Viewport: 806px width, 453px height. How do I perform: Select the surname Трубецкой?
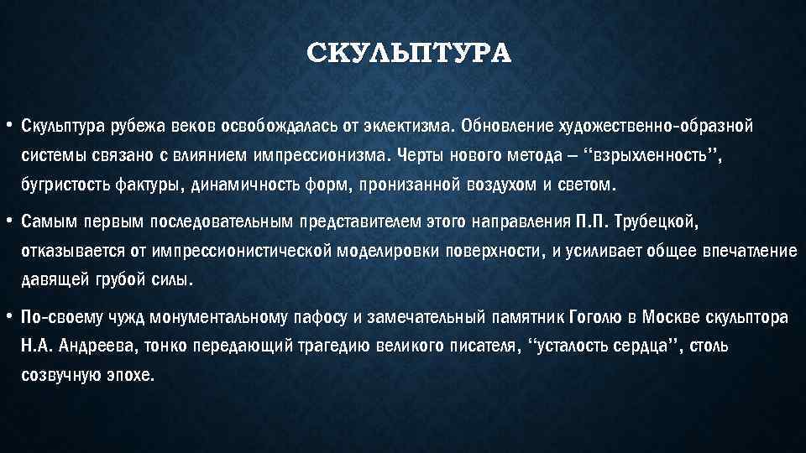pos(654,222)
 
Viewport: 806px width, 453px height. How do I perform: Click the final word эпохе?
pos(133,375)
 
